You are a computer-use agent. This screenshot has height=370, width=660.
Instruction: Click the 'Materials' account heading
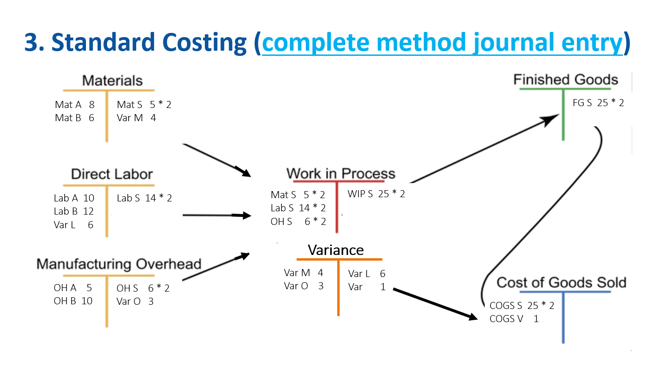click(112, 80)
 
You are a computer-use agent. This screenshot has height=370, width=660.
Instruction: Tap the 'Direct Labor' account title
click(112, 174)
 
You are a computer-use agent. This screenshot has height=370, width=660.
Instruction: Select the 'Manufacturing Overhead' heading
click(119, 264)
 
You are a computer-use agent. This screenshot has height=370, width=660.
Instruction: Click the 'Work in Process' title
click(341, 174)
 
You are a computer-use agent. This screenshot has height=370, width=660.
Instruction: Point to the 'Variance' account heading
click(335, 250)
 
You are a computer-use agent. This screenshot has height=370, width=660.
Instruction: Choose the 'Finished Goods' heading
click(566, 79)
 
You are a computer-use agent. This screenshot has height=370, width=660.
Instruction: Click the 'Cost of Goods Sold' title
click(561, 283)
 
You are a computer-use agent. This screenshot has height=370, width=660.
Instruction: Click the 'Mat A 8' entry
click(75, 105)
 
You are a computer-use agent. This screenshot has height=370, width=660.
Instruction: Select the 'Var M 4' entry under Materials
click(136, 118)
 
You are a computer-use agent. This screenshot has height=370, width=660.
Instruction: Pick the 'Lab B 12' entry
click(74, 211)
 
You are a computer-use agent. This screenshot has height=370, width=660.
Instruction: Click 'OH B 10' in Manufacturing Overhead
click(73, 301)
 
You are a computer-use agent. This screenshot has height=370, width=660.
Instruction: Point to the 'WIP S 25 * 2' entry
click(376, 194)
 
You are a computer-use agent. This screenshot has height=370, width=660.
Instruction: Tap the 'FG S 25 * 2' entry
click(598, 103)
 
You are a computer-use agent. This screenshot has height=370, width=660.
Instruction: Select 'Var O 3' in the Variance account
click(304, 286)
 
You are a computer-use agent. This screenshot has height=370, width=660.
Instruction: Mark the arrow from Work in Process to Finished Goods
click(484, 149)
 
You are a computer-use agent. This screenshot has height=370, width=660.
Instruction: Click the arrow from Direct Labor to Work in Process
click(217, 216)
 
